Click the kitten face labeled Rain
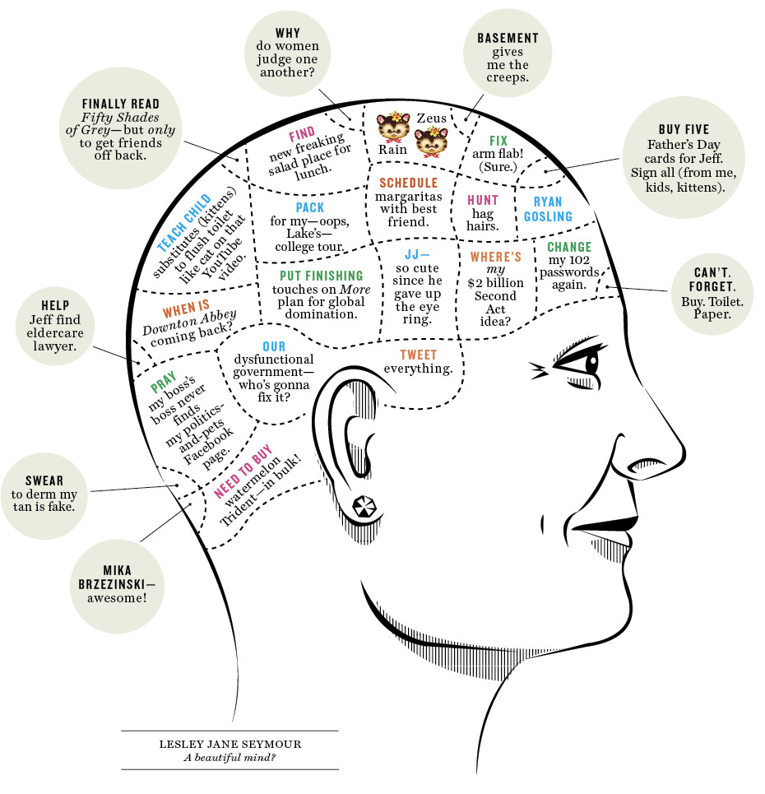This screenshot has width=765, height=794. [x=394, y=128]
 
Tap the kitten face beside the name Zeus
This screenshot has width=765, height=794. [x=430, y=142]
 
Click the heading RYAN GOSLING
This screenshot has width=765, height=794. [x=548, y=209]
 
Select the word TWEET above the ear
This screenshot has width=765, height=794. [x=419, y=355]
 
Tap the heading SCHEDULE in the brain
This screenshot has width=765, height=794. [x=408, y=183]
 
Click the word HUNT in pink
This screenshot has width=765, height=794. [x=483, y=200]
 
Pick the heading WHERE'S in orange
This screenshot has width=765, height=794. [x=495, y=257]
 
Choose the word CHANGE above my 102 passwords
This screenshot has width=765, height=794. [x=569, y=247]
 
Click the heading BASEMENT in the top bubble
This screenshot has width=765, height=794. [x=508, y=38]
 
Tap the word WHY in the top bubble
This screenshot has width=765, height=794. [x=288, y=34]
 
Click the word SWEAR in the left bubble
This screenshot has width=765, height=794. [x=43, y=481]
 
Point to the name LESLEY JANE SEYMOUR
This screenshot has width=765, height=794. [x=229, y=744]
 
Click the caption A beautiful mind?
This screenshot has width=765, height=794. [x=229, y=757]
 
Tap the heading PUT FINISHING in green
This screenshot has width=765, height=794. [x=321, y=276]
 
